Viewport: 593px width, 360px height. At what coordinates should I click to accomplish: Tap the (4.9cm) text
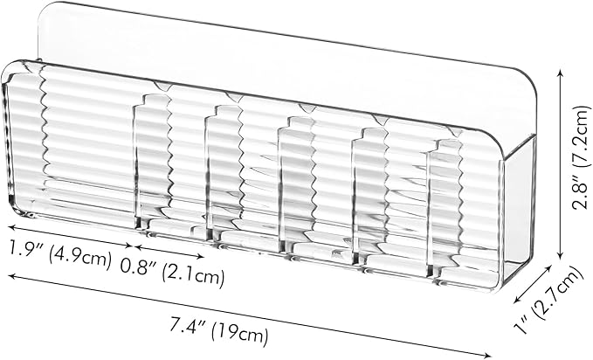click(x=80, y=257)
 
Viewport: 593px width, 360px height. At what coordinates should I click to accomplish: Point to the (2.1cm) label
click(x=193, y=275)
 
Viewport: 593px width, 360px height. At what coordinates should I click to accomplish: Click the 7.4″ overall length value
click(x=188, y=326)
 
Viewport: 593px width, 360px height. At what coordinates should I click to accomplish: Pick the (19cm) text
click(x=240, y=334)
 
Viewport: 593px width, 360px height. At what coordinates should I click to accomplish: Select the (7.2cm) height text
click(x=582, y=136)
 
